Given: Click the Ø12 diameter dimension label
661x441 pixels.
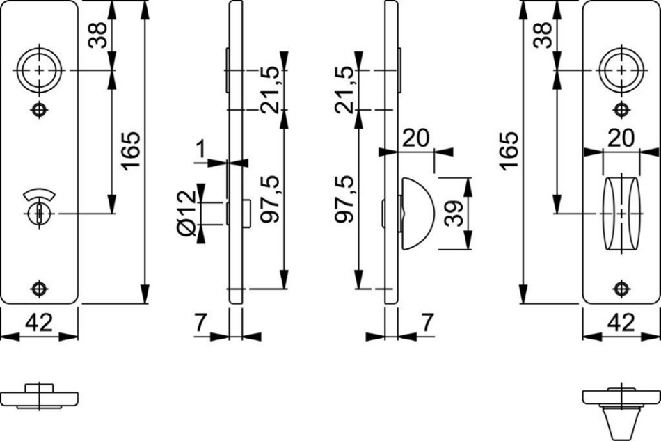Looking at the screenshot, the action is (186, 214).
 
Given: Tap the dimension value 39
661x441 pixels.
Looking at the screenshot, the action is (454, 214).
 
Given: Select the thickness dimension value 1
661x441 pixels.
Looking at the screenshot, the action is (200, 150).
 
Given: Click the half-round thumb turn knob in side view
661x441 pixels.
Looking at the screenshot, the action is (417, 214).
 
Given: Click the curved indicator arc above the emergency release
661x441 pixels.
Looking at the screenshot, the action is (39, 194).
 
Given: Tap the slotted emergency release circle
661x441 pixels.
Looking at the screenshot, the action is (39, 214).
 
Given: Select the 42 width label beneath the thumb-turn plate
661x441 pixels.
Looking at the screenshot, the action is (621, 323).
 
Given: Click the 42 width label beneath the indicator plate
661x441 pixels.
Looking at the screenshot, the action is (39, 323).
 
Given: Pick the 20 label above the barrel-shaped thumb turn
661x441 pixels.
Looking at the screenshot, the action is (621, 138).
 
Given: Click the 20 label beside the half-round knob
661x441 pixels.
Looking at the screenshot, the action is (415, 138).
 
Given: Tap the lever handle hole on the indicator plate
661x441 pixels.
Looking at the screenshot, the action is (39, 70).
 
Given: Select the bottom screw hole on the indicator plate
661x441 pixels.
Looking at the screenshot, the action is (39, 289).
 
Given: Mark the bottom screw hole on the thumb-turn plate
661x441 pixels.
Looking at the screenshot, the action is (621, 289).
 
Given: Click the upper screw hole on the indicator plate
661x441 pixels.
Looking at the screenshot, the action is (39, 110).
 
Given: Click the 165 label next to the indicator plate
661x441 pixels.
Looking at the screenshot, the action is (131, 151).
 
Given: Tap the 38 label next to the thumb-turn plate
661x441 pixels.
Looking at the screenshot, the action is (543, 35).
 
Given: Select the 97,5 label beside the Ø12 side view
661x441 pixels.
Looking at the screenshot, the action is (269, 198).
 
